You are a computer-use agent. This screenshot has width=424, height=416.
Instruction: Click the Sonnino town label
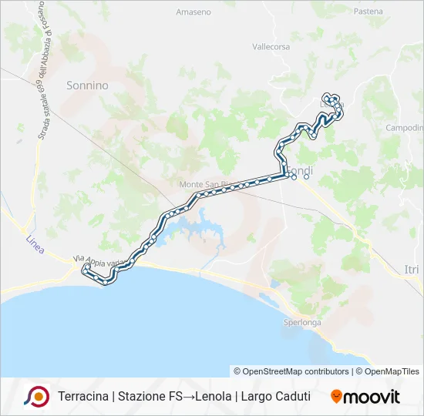point(87,86)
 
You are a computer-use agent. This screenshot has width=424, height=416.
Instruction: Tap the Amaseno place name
point(193,12)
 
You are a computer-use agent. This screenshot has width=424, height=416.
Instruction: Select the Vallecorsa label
point(271,46)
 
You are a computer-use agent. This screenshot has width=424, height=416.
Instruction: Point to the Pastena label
point(368,12)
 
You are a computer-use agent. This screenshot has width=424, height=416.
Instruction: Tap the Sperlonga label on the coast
point(301,322)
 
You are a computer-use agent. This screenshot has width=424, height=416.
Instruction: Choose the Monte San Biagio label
point(203,184)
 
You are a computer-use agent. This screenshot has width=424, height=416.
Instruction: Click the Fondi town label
point(299,169)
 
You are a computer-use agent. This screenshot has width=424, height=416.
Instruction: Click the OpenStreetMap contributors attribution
point(291,371)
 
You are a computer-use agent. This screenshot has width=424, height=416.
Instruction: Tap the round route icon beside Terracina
point(36,397)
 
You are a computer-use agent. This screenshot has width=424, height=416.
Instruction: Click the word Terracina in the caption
point(83,397)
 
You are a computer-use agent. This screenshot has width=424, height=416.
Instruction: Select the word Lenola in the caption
point(214,397)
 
